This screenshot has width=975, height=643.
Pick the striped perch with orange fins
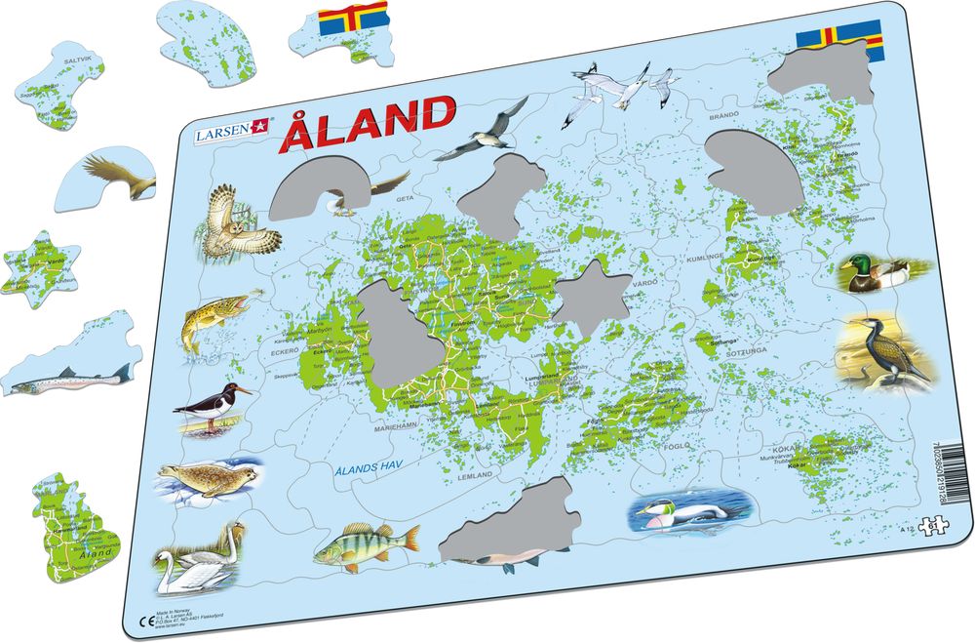[367, 544]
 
